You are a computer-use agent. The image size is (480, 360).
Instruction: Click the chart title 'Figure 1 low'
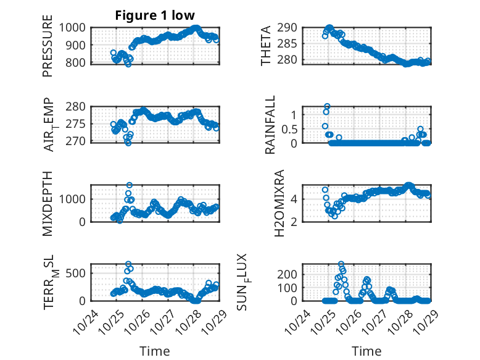155,15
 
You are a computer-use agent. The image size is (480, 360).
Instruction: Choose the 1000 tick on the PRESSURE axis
74,27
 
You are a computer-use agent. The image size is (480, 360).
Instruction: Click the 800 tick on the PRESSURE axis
78,62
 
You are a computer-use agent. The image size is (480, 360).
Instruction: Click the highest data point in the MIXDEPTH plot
130,185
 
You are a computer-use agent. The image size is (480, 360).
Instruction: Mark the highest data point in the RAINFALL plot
327,106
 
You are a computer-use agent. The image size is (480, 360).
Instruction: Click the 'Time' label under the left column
155,351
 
